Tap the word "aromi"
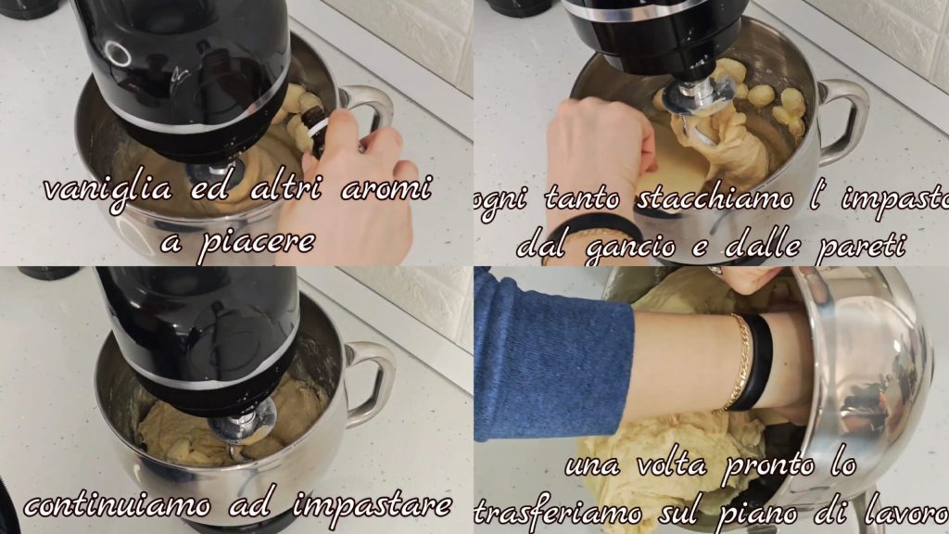[x=387, y=189]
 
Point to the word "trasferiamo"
[x=558, y=513]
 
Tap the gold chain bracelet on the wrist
[x=737, y=362]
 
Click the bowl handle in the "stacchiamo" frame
[x=843, y=121]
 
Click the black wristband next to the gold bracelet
[x=754, y=362]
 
